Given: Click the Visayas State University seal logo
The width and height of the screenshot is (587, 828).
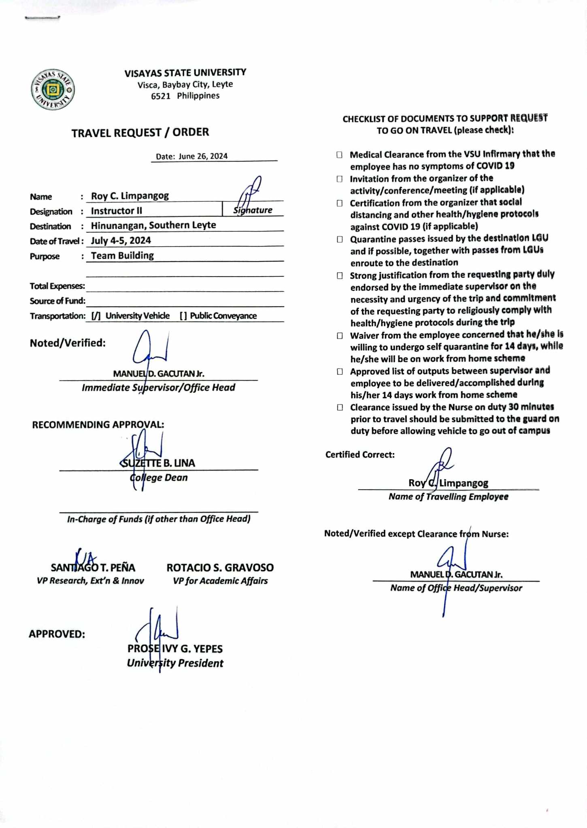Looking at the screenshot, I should click(53, 89).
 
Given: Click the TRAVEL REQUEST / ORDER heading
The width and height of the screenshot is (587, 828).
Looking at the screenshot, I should click(140, 133).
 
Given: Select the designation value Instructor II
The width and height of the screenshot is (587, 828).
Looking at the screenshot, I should click(116, 211).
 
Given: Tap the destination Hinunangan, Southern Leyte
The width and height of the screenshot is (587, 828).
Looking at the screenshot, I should click(153, 226).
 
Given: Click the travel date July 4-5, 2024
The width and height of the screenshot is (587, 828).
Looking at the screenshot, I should click(121, 241).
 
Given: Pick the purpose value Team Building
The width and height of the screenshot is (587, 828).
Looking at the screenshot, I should click(122, 256).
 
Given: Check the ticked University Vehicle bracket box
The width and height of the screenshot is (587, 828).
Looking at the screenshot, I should click(96, 316).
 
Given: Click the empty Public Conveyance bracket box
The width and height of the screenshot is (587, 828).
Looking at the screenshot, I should click(183, 316).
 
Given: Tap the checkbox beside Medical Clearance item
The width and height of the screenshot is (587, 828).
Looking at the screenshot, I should click(339, 155).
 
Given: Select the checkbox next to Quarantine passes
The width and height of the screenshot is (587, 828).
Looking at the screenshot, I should click(339, 239).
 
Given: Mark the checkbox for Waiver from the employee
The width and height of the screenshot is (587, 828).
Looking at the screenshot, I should click(340, 336).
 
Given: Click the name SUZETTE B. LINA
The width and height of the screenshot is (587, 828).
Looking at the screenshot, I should click(158, 463).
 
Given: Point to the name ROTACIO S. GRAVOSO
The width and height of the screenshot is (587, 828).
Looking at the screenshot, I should click(220, 568).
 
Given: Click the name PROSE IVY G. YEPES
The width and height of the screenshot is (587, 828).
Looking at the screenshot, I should click(175, 649).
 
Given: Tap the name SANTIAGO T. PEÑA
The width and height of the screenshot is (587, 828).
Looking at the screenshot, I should click(93, 568).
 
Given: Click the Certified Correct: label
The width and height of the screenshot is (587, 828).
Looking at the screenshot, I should click(360, 455).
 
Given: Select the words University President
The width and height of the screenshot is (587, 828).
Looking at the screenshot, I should click(175, 663).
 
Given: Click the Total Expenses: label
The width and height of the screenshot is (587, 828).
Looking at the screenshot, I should click(57, 286).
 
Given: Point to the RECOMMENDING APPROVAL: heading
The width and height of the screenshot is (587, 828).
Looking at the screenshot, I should click(98, 425).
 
